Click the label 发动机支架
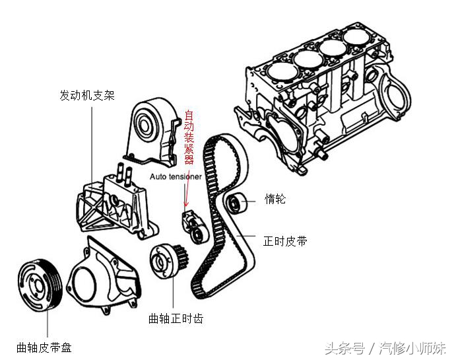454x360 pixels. [x=87, y=96]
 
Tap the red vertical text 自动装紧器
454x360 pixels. [x=189, y=139]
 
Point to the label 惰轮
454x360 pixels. [x=275, y=199]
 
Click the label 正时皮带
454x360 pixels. [x=285, y=242]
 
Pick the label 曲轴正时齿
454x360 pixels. [x=176, y=318]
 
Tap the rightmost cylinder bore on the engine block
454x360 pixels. [x=357, y=38]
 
